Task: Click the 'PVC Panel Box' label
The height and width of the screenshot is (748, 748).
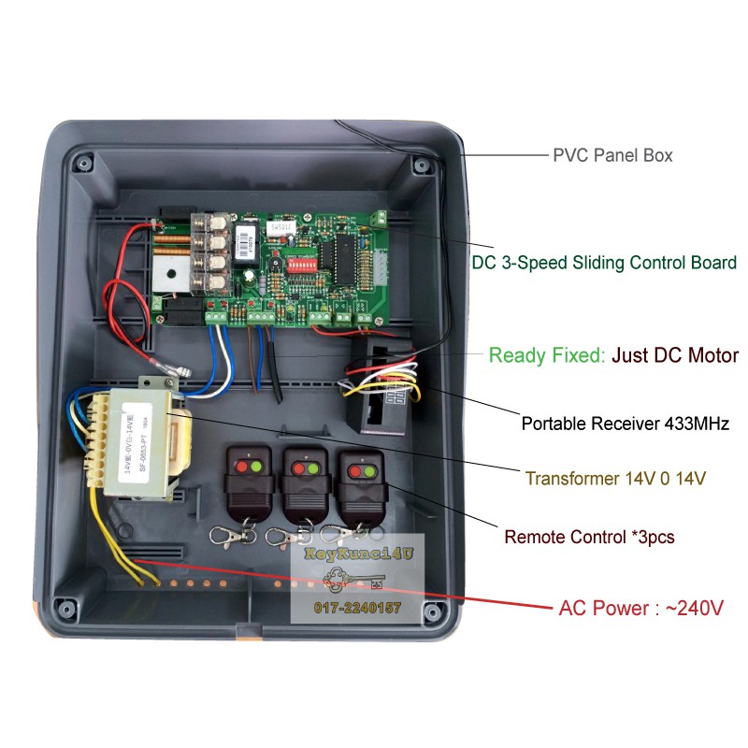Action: (x=612, y=155)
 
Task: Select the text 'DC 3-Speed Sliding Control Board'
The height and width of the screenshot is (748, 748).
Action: (x=603, y=263)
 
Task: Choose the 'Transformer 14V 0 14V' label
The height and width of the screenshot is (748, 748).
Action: (x=615, y=478)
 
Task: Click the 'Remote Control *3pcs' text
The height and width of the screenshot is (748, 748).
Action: (x=589, y=538)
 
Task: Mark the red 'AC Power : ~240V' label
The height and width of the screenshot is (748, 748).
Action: (x=641, y=608)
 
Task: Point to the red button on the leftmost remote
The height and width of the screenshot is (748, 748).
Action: (x=242, y=465)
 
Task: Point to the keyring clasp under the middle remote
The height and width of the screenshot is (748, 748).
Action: (x=278, y=536)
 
